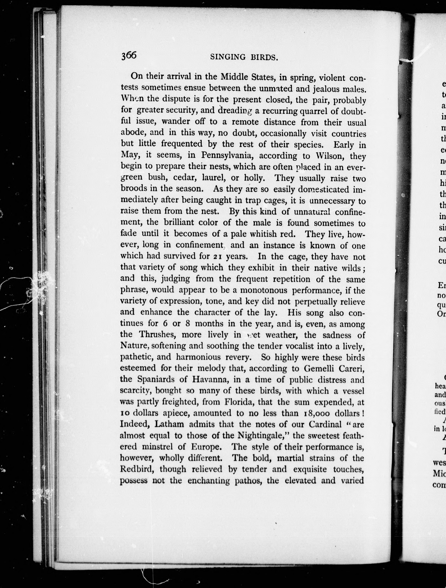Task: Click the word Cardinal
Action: pyautogui.click(x=325, y=425)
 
